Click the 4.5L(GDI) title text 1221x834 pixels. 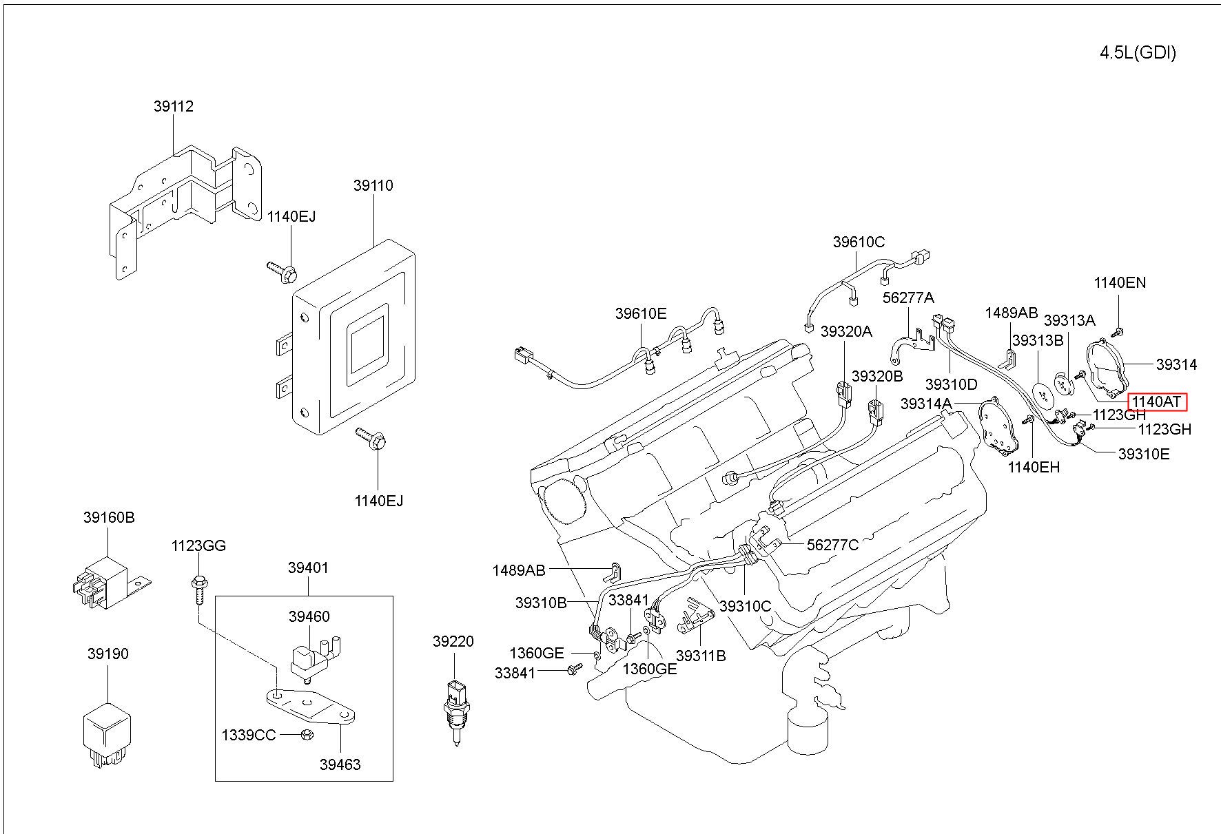[1138, 53]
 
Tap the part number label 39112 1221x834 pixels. [174, 106]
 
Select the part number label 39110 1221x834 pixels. [373, 185]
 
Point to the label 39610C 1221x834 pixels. [859, 242]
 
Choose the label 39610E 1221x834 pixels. [641, 314]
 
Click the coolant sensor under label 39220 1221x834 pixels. [454, 713]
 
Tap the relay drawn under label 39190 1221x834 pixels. [107, 734]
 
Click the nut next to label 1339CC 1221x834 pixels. [307, 735]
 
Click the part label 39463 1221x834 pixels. [340, 764]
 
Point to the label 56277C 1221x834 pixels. [832, 545]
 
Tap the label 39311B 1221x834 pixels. [701, 656]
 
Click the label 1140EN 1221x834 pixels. [1120, 282]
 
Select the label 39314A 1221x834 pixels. [926, 404]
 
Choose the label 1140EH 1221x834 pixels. [1034, 467]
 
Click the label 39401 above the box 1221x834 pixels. [308, 567]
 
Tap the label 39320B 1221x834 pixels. [877, 376]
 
